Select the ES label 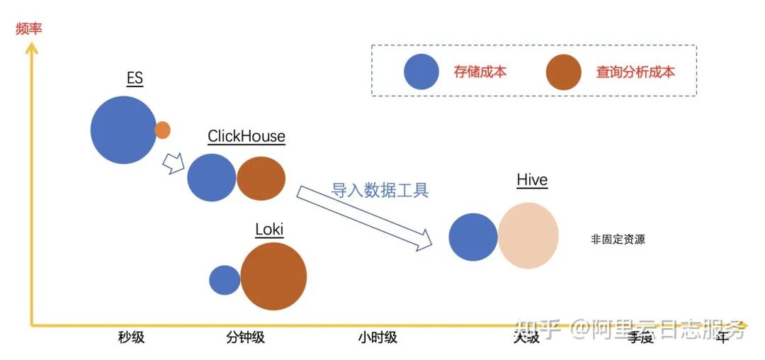[x=135, y=78]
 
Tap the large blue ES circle [x=123, y=130]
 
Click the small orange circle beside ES [x=162, y=130]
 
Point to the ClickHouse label [x=246, y=136]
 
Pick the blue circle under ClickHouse [x=211, y=177]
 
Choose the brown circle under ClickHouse [x=261, y=179]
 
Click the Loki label [x=269, y=229]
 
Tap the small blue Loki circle [x=225, y=280]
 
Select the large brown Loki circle [x=273, y=276]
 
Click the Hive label [x=532, y=181]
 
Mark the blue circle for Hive [x=473, y=237]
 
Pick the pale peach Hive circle [x=528, y=236]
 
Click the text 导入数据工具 [x=380, y=190]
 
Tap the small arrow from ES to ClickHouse [x=173, y=164]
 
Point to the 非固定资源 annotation [x=618, y=240]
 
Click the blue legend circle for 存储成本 [x=421, y=72]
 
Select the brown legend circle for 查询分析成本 [x=564, y=72]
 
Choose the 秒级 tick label [x=131, y=337]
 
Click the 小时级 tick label [x=378, y=337]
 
